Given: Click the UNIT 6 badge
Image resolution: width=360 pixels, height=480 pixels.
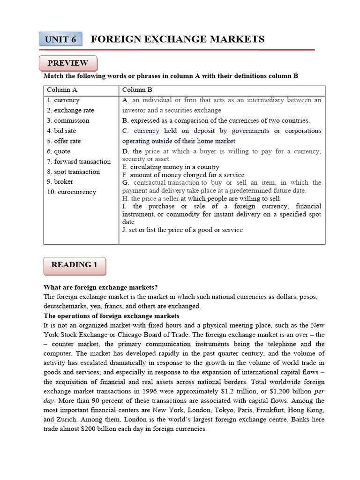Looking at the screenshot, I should pos(60,40).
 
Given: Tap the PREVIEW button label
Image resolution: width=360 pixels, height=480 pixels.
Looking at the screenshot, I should pos(68,63).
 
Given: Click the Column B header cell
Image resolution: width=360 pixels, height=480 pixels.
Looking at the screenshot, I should pos(137,90).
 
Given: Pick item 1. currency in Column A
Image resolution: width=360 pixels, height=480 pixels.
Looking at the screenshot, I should pos(63,100).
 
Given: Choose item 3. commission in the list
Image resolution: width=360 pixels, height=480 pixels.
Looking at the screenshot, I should pos(67,120).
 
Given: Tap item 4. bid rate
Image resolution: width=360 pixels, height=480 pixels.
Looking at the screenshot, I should pos(61,131).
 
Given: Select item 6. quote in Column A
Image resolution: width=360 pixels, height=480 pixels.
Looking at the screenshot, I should pos(59,151).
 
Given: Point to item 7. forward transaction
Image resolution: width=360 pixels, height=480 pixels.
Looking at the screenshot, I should pos(79,162).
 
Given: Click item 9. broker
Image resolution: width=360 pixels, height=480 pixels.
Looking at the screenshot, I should pos(60,182).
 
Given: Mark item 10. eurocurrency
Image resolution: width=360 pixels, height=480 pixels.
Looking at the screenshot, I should pos(71,192).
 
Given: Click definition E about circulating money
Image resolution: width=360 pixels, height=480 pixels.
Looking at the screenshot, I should pos(171,167).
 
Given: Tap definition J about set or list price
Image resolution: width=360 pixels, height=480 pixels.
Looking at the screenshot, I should pos(182,230).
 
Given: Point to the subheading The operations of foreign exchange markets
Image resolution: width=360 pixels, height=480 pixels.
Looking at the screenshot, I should pos(112,315).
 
